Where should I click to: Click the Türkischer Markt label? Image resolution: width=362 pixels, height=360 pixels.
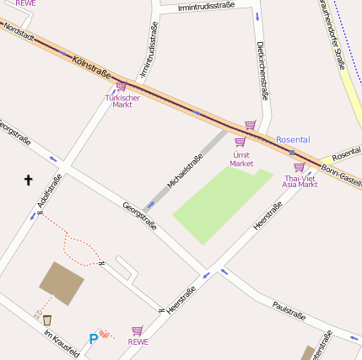pyautogui.click(x=122, y=100)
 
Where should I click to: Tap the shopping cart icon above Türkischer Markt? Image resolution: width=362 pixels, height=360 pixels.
pyautogui.click(x=121, y=86)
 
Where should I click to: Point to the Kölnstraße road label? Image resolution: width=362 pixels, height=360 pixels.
pyautogui.click(x=93, y=69)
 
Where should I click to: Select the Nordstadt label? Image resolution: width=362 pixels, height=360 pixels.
pyautogui.click(x=19, y=33)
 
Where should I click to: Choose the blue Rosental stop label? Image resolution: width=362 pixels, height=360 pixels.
pyautogui.click(x=293, y=139)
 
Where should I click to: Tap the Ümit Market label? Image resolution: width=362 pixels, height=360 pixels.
pyautogui.click(x=241, y=159)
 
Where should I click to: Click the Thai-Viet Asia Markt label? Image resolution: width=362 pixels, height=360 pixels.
pyautogui.click(x=300, y=181)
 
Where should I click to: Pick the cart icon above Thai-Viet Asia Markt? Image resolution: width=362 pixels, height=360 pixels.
pyautogui.click(x=299, y=167)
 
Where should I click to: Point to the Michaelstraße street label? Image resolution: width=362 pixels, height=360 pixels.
pyautogui.click(x=185, y=169)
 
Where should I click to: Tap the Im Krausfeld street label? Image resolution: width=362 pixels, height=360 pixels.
pyautogui.click(x=62, y=341)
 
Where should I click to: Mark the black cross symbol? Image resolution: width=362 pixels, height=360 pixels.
pyautogui.click(x=28, y=180)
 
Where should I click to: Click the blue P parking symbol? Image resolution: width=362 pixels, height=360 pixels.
pyautogui.click(x=93, y=339)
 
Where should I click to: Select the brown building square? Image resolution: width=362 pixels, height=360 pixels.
pyautogui.click(x=62, y=282)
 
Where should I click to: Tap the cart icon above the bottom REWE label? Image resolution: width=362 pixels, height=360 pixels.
pyautogui.click(x=137, y=330)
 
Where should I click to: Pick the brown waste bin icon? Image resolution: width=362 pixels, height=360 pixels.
pyautogui.click(x=47, y=320)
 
